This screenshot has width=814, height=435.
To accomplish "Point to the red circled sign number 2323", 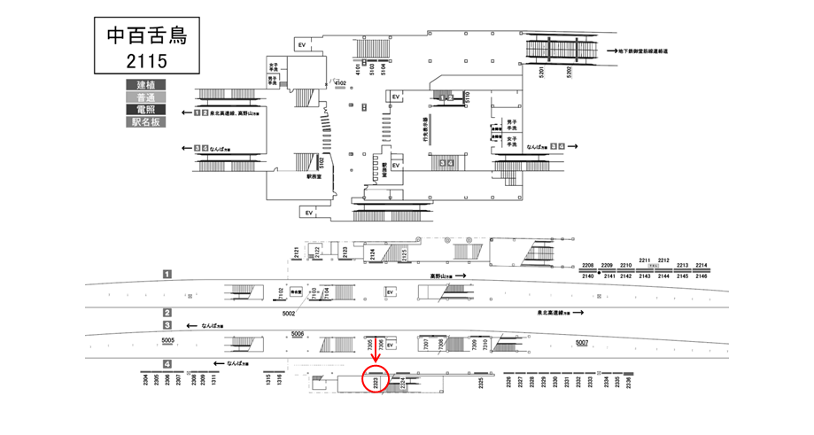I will pyautogui.click(x=376, y=382).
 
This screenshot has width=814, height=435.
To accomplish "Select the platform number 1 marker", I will pyautogui.click(x=167, y=275).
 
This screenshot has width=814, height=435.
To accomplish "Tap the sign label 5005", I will pyautogui.click(x=168, y=339).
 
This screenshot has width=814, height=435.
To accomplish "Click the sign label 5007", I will pyautogui.click(x=581, y=342).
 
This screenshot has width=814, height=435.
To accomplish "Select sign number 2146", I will pyautogui.click(x=702, y=276).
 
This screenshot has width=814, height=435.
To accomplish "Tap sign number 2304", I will pyautogui.click(x=145, y=382).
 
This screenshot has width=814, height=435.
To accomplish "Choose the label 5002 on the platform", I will pyautogui.click(x=289, y=313).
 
